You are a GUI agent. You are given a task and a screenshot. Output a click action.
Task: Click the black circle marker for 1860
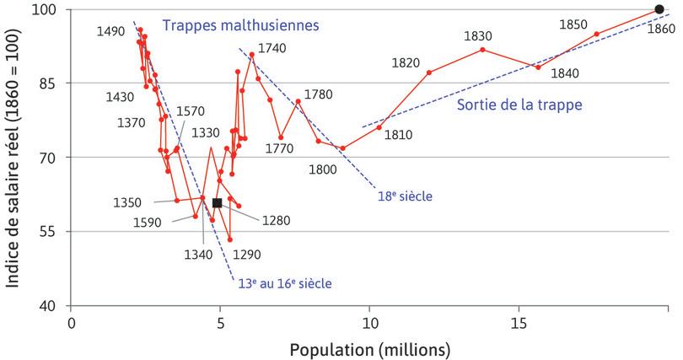[659, 10]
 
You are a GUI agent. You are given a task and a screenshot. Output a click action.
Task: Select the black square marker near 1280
[218, 202]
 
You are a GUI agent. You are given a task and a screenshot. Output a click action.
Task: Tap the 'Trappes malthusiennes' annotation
[242, 26]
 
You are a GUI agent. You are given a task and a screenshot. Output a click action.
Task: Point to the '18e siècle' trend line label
[405, 196]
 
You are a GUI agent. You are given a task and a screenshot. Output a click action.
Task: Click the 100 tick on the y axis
[52, 10]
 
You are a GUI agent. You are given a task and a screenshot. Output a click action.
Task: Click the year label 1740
[272, 48]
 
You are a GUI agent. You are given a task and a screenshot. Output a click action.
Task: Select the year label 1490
[112, 30]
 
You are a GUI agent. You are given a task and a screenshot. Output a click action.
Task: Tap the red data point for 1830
[482, 50]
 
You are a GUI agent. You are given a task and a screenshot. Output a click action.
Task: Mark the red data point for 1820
[429, 73]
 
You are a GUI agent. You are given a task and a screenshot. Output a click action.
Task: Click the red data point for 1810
[379, 127]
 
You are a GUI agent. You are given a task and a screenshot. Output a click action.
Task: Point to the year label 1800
[323, 169]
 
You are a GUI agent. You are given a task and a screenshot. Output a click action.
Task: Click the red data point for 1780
[298, 102]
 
